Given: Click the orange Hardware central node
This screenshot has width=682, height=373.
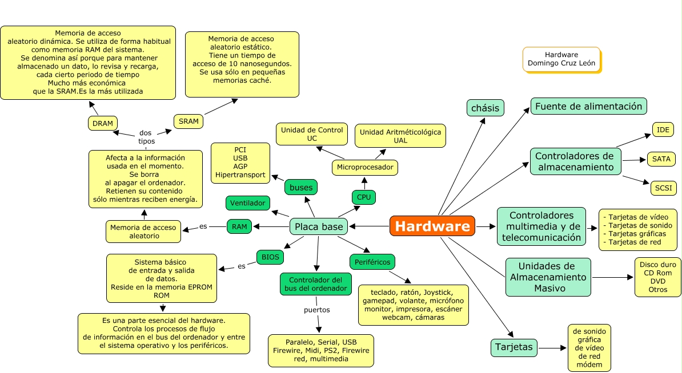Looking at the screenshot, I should tap(432, 226).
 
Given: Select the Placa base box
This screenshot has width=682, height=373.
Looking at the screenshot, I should tap(319, 226).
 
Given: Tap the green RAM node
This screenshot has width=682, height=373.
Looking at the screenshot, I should tap(239, 226).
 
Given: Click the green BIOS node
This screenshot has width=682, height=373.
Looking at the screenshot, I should tap(270, 257).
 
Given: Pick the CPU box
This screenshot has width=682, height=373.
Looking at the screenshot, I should tap(364, 197).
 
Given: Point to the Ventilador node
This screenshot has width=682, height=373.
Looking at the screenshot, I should tap(248, 202).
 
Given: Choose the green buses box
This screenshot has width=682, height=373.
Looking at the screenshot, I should tap(301, 187).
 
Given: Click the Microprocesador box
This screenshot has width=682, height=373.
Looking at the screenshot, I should tap(365, 167).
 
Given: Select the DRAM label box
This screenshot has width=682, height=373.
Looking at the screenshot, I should tap(103, 123).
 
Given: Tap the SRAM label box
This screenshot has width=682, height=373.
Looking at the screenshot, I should tap(188, 121).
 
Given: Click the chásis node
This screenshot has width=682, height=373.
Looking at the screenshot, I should tap(486, 107).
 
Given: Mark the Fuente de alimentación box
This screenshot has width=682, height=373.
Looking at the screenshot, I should tap(589, 106).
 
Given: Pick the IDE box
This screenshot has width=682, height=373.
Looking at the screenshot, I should tap(663, 129).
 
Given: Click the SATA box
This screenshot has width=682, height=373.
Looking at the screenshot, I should tap(661, 159).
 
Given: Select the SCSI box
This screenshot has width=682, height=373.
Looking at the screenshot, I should tap(663, 188).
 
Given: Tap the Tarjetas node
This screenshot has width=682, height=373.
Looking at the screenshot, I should tap(514, 347).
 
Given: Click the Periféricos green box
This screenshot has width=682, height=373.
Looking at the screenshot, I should tap(372, 262).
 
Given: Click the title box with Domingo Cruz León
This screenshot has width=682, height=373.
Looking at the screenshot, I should tap(561, 59).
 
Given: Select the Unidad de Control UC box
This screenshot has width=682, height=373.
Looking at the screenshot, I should tap(312, 134).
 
